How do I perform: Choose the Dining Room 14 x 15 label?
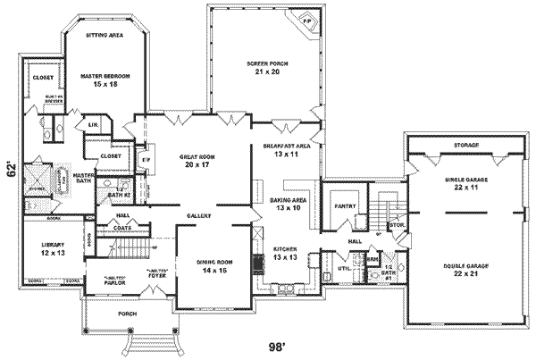point(214,265)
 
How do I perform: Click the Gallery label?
point(198,216)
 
